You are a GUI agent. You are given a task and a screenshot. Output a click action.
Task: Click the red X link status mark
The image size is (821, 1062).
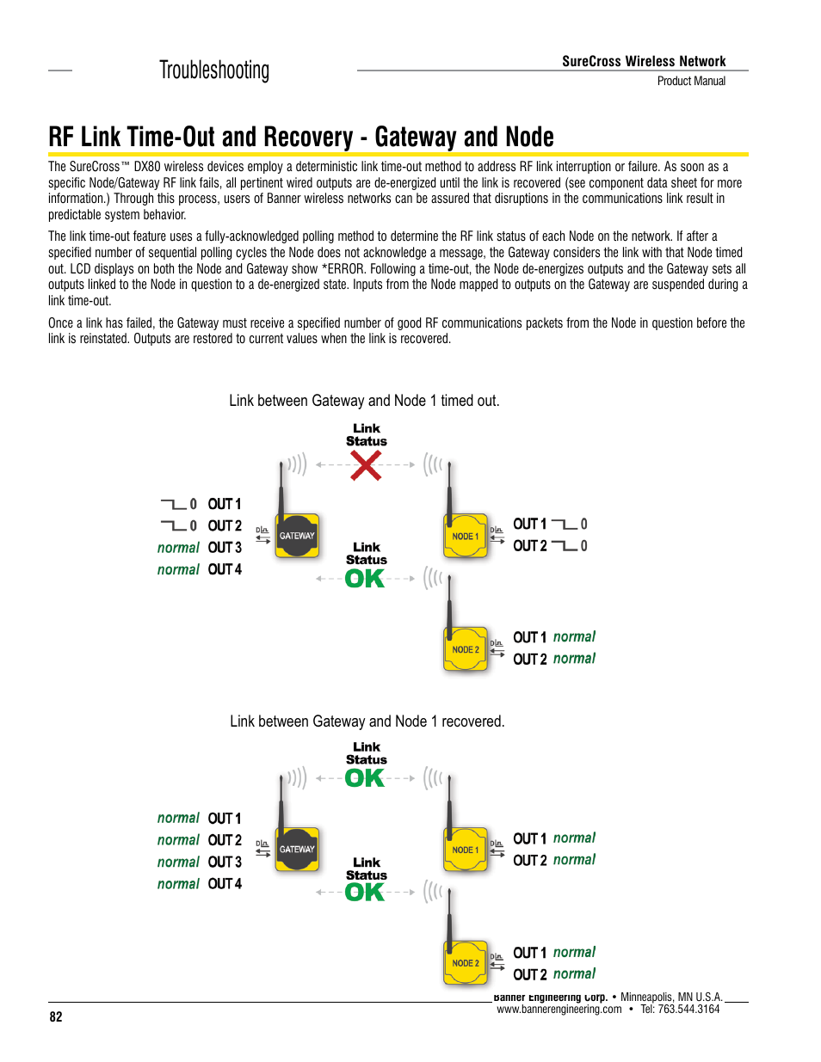tap(366, 466)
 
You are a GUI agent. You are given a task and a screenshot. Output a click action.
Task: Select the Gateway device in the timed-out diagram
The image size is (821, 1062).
tap(297, 536)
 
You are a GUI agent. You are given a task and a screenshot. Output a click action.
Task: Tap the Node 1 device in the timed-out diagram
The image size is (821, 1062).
tap(465, 536)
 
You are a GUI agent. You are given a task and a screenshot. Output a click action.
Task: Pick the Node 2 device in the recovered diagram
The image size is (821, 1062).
tap(465, 963)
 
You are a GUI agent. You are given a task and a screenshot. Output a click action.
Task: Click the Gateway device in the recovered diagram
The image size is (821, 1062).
tap(297, 850)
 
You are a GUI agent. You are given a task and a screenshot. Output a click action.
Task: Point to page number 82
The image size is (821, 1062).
tap(56, 1016)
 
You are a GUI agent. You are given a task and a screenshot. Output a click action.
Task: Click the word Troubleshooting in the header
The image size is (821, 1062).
tap(214, 71)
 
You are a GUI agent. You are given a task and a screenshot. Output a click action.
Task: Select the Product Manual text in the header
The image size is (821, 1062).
tap(691, 81)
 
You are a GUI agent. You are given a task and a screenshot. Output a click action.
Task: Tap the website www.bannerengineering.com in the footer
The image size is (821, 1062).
tap(559, 1010)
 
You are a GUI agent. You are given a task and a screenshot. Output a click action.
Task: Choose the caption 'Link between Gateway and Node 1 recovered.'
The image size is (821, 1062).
tap(367, 721)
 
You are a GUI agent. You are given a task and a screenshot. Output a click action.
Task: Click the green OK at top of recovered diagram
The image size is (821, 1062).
tap(365, 778)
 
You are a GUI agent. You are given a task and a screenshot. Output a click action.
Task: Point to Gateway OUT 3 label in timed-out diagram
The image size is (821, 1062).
tap(225, 548)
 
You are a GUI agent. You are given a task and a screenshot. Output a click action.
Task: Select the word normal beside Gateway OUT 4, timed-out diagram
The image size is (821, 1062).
tap(178, 569)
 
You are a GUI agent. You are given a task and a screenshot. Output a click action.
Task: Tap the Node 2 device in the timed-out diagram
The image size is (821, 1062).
tap(465, 649)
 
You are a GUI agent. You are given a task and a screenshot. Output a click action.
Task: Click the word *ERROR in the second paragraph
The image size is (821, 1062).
tap(343, 269)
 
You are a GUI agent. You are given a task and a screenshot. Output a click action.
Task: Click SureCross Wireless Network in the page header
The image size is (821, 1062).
tap(644, 61)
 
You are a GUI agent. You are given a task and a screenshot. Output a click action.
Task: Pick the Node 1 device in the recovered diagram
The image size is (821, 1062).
tap(465, 850)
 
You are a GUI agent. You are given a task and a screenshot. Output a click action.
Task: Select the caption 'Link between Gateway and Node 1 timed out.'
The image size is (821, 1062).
tap(364, 401)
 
